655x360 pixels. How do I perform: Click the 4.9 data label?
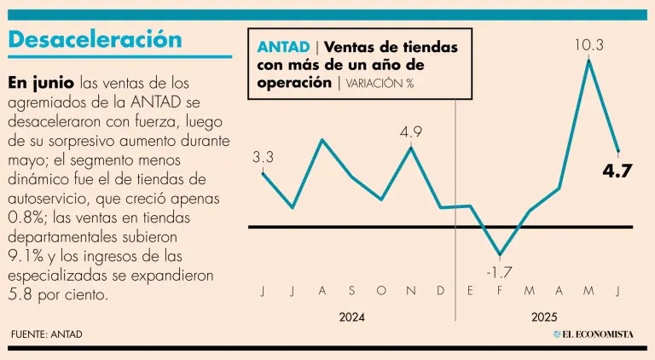(411, 132)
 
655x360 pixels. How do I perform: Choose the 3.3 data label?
(263, 158)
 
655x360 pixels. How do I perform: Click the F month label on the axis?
(500, 292)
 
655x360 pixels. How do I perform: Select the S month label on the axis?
(351, 292)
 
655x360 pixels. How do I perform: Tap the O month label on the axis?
(380, 292)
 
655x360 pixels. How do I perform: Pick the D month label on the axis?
(441, 292)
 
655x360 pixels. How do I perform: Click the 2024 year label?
(351, 317)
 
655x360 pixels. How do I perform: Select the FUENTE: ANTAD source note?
(47, 334)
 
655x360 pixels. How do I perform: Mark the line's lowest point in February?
(500, 255)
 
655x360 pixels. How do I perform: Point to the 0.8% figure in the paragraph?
(25, 217)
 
